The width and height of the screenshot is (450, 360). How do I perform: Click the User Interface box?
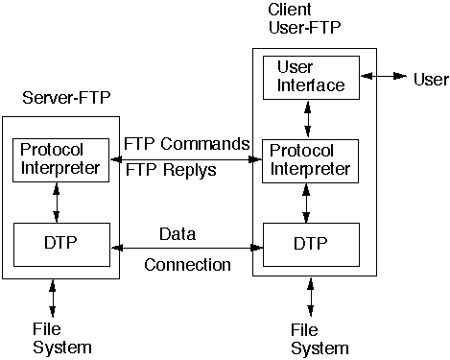(310, 76)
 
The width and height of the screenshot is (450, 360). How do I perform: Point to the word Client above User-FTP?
(291, 10)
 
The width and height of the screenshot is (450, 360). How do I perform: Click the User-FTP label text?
(304, 27)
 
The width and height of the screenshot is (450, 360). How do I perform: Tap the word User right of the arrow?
(431, 78)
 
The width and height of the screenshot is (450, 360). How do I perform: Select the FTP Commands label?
(187, 144)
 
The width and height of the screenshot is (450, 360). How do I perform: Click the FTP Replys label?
(171, 170)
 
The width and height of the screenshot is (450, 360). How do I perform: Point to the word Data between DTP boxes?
(178, 232)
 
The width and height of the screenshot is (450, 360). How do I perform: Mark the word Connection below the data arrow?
(188, 264)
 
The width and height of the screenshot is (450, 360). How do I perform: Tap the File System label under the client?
(319, 339)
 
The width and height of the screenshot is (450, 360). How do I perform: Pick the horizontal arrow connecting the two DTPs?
(187, 248)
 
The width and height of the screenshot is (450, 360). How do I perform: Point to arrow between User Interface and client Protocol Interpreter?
(307, 118)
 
